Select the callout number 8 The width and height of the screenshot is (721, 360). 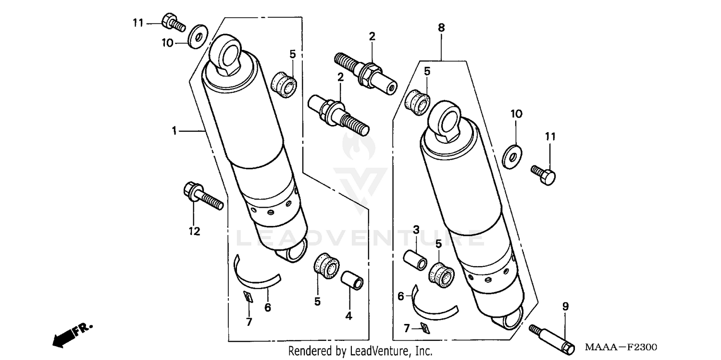(x=441, y=28)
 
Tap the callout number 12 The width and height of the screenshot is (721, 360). (x=194, y=231)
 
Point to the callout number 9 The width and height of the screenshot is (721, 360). (x=565, y=306)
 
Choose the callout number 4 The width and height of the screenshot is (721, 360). (x=348, y=316)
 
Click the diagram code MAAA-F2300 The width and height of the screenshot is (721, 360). (x=621, y=347)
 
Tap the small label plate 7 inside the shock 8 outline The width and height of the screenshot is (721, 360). (x=425, y=328)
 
